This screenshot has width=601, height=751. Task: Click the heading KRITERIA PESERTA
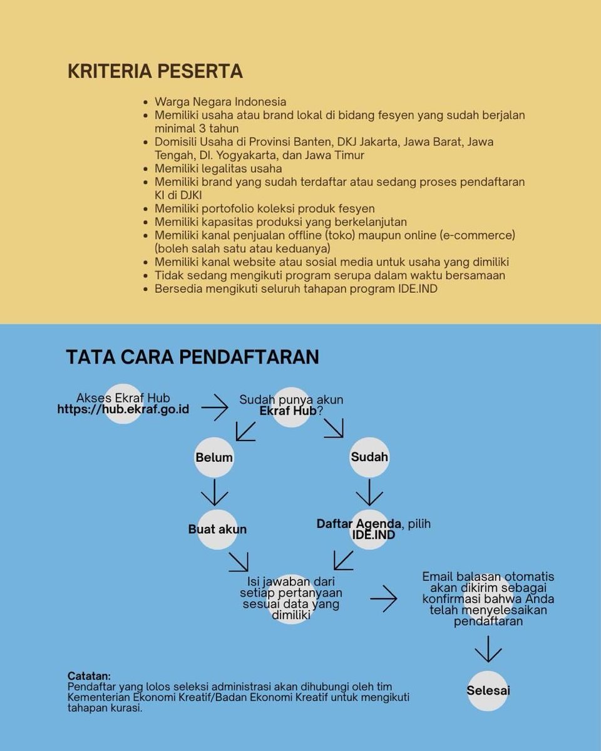155,71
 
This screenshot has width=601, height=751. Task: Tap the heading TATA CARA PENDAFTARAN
192,357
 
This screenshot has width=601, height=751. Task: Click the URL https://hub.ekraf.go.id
123,409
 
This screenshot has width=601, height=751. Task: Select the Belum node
214,457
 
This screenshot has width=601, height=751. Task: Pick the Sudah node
369,457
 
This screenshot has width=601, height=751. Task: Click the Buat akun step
217,529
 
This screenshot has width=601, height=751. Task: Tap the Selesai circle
488,691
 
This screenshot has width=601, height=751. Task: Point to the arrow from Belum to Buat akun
214,492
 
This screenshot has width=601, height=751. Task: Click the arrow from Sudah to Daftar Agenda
369,492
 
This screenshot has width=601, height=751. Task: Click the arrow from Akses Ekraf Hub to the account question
215,407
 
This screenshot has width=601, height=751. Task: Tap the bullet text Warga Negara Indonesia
220,101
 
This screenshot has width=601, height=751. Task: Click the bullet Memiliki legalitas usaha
218,168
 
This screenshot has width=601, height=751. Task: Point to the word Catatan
89,677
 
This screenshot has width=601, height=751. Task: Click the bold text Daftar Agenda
359,524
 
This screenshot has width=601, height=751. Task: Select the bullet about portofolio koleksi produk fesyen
264,208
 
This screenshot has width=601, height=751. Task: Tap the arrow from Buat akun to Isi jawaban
239,561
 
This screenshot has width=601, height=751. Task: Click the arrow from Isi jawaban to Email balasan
383,599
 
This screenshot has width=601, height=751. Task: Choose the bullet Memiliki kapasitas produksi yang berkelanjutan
280,222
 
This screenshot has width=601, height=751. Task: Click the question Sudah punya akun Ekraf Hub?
291,406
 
